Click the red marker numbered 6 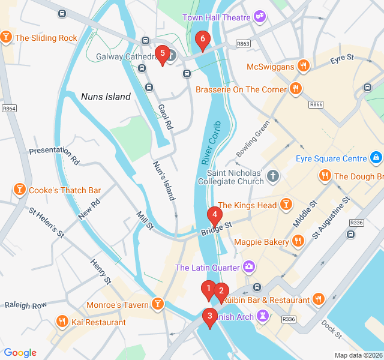coord(202,41)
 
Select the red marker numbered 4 coord(214,215)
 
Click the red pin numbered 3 coord(209,316)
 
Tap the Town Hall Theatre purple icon coord(260,17)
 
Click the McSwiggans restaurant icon coord(304,66)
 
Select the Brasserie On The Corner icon coord(295,89)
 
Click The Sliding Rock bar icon coord(7,38)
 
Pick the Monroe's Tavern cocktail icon coord(158,305)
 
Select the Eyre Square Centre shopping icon coord(376,158)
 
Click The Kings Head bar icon coord(287,206)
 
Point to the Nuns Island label coord(106,97)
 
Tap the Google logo coord(20,353)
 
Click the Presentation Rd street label coord(54,156)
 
